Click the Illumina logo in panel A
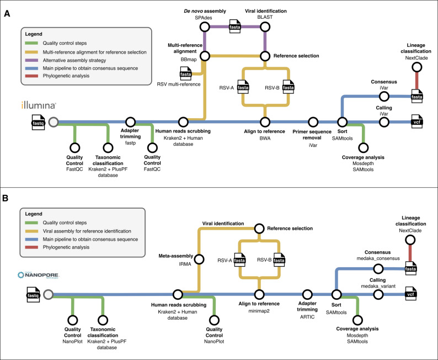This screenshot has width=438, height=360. click(39, 105)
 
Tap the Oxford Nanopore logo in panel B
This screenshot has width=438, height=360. click(39, 275)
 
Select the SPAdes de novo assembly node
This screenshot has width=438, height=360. click(205, 27)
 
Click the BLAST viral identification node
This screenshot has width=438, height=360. click(265, 27)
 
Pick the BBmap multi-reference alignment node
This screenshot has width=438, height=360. click(205, 56)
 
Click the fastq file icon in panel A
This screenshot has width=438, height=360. click(38, 123)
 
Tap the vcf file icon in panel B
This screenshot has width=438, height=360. click(410, 294)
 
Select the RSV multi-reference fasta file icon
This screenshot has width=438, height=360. click(186, 74)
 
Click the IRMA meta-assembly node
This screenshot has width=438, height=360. click(199, 259)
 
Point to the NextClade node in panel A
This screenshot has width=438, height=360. click(417, 67)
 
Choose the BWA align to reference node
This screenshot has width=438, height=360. click(265, 122)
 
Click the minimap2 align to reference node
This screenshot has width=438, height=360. click(259, 294)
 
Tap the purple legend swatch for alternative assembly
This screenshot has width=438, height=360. click(31, 60)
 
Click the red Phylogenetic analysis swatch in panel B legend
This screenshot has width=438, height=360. click(31, 247)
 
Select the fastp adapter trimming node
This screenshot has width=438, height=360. click(130, 122)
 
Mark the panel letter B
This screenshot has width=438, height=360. click(6, 198)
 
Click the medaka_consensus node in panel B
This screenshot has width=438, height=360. click(378, 269)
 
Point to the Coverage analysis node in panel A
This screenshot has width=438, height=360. click(363, 147)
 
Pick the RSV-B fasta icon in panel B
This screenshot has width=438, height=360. click(279, 260)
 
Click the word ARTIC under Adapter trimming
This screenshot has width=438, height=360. click(307, 317)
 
